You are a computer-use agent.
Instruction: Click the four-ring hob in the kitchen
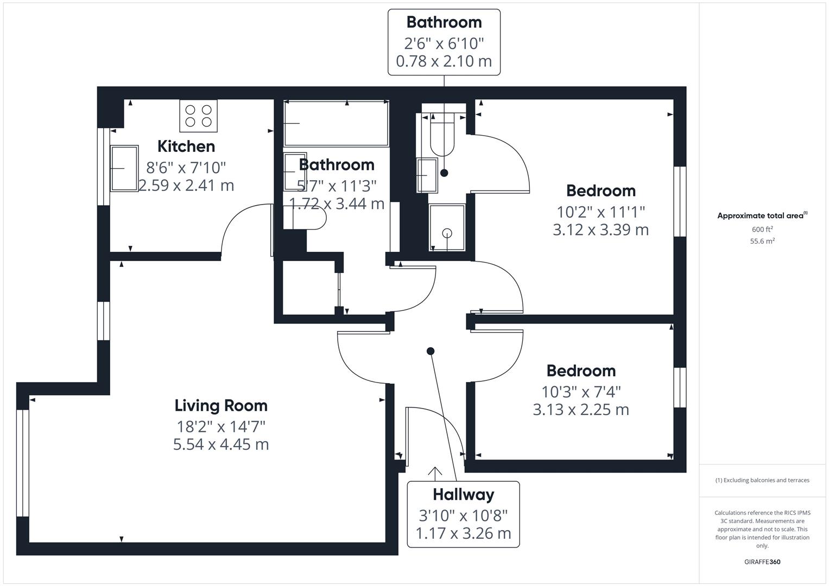198,116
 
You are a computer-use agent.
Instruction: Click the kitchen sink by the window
124,168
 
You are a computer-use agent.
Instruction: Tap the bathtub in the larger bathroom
336,124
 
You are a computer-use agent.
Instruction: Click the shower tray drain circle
447,233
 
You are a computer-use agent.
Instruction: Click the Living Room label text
221,405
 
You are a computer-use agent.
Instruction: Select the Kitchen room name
186,146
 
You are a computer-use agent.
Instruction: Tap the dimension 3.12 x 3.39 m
600,230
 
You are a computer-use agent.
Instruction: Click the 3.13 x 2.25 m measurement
581,410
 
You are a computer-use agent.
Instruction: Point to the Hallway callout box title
463,494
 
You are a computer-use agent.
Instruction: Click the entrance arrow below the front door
435,473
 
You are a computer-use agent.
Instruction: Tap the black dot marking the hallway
431,351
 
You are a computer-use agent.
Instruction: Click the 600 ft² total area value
762,229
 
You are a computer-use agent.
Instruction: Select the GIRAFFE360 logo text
762,562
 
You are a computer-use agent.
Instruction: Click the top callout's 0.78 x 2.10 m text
444,61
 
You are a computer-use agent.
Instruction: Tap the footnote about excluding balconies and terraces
762,480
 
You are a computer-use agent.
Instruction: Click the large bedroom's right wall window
680,201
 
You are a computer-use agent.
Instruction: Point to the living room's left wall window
22,463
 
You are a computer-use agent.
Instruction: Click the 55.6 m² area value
762,241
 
